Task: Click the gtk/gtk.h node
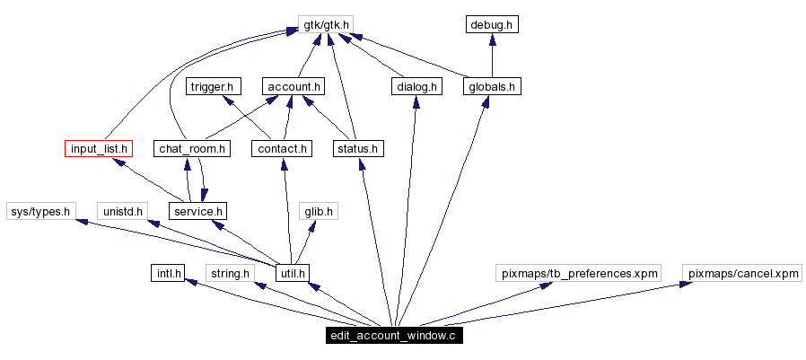324,24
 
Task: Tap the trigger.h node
213,86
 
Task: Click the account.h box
293,86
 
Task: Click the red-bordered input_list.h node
99,148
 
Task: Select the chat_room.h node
192,148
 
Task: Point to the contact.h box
281,148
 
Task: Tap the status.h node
358,148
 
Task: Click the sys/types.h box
39,211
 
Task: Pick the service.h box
197,211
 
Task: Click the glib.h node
318,211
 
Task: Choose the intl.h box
168,273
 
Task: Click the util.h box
293,273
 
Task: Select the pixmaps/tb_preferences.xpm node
578,273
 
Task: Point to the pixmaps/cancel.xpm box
741,273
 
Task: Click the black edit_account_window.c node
394,336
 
